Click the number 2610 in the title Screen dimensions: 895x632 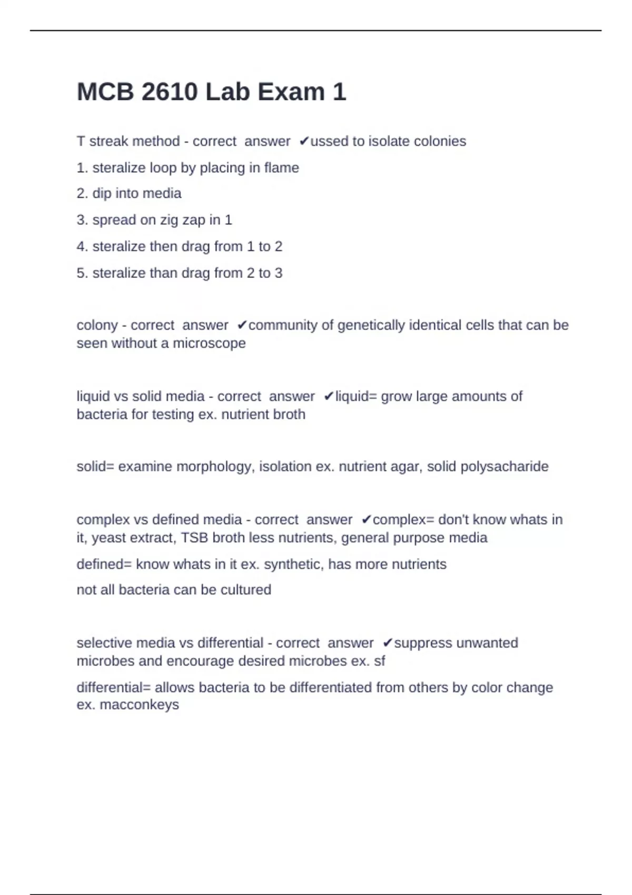tap(170, 92)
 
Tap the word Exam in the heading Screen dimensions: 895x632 tap(291, 92)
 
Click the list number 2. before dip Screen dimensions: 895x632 tap(82, 193)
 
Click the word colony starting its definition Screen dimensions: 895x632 tap(97, 325)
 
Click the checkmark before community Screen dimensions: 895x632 tap(242, 325)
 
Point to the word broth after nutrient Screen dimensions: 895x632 tap(288, 414)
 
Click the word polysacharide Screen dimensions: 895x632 tap(504, 466)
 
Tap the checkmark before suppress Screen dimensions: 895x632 tap(388, 643)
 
